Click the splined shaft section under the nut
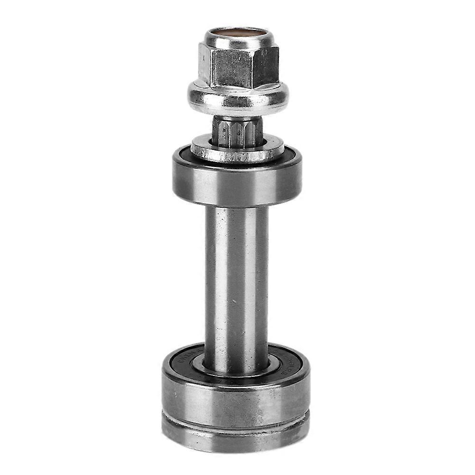(x=237, y=130)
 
